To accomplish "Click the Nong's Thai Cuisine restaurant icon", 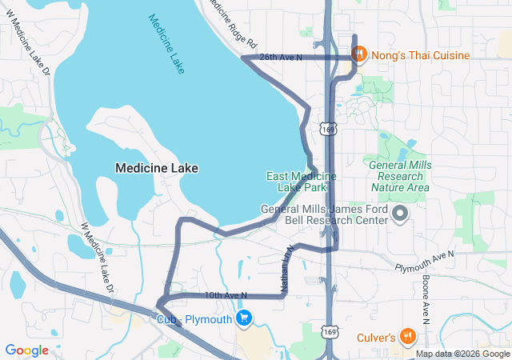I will tap(360, 54).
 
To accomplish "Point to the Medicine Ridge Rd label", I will tap(234, 22).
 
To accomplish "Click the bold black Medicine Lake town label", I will tap(157, 168).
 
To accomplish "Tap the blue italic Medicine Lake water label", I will tap(166, 45).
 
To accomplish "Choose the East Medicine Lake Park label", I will tap(302, 182).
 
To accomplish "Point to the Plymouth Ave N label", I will tap(424, 258).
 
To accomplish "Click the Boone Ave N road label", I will tap(425, 296).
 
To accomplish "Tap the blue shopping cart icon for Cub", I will tap(245, 318).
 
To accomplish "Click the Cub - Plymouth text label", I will tap(194, 318).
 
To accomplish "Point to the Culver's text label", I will tap(376, 338).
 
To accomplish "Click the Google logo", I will tap(26, 350).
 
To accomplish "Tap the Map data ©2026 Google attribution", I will tap(462, 354).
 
